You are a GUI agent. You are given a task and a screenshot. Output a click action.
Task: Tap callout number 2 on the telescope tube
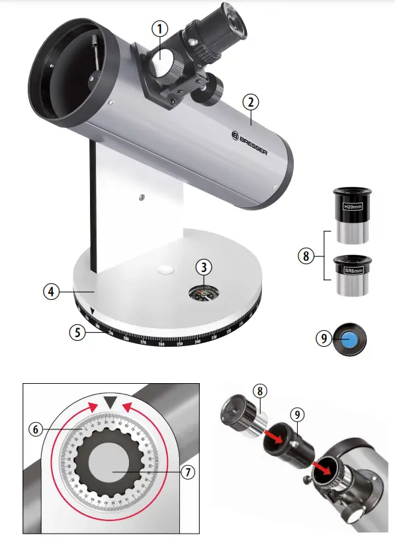point(249,102)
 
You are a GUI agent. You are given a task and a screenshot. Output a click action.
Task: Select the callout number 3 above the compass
point(205,267)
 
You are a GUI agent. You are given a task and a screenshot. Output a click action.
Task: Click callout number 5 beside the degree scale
point(78,332)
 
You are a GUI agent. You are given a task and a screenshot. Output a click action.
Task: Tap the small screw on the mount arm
point(141,196)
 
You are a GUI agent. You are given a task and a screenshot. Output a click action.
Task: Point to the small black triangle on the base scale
point(93,311)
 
